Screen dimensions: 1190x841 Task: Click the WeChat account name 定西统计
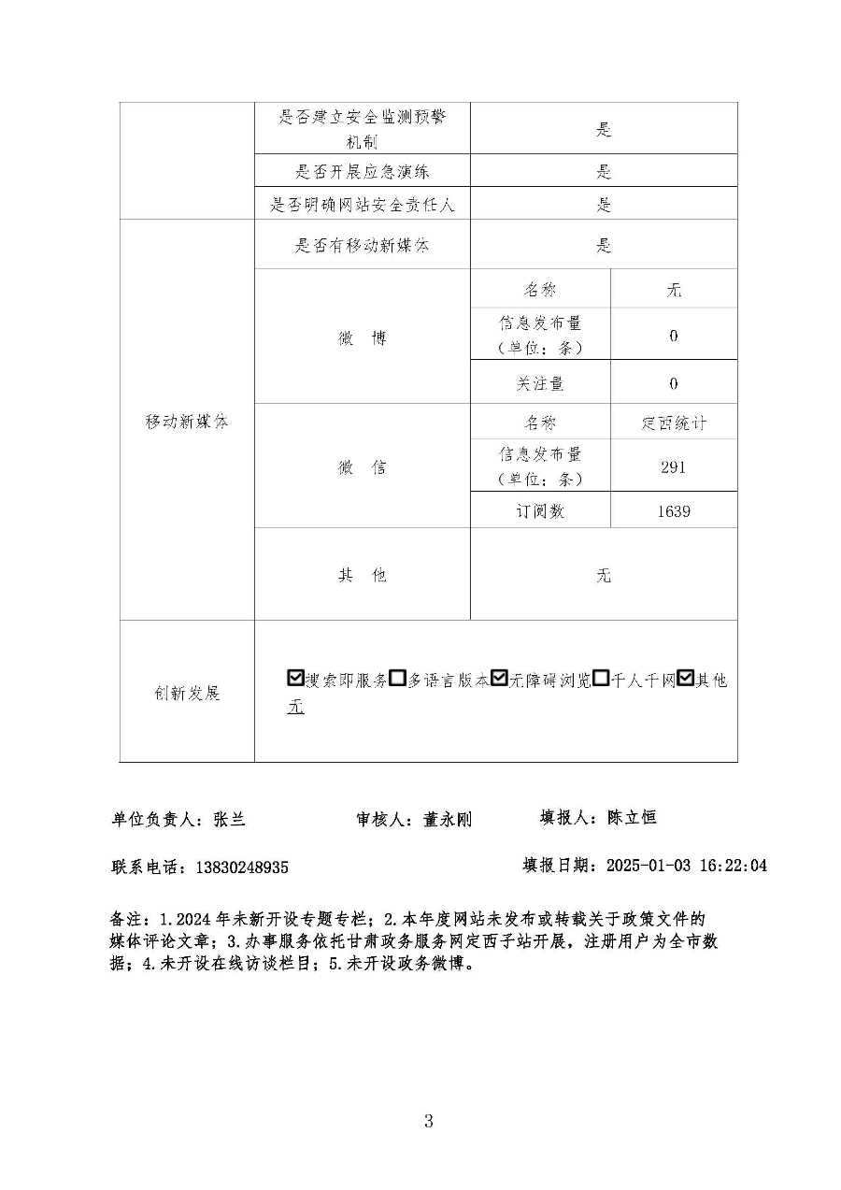tap(674, 423)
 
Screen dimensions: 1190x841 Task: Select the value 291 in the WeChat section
tap(674, 466)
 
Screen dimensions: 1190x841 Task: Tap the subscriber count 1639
tap(674, 511)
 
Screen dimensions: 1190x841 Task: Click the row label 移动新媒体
tap(187, 422)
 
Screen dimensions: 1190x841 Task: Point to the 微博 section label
tap(362, 338)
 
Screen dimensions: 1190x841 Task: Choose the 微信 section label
tap(362, 467)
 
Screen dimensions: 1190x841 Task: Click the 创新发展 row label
tap(187, 693)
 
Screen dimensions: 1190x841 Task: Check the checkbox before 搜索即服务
tap(296, 679)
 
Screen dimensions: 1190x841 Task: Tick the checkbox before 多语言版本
tap(397, 679)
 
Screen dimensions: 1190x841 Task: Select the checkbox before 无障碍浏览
tap(499, 679)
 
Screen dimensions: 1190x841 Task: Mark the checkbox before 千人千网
tap(601, 679)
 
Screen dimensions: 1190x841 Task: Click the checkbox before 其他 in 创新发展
tap(685, 679)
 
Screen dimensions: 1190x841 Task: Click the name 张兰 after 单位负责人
tap(230, 819)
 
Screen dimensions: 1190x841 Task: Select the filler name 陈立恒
tap(632, 817)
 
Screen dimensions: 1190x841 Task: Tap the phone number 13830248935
tap(241, 867)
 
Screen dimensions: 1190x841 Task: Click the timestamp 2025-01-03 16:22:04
tap(687, 865)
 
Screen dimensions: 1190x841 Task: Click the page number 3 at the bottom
tap(428, 1121)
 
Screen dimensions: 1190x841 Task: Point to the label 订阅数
tap(540, 511)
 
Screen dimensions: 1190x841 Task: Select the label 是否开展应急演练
tap(363, 171)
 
